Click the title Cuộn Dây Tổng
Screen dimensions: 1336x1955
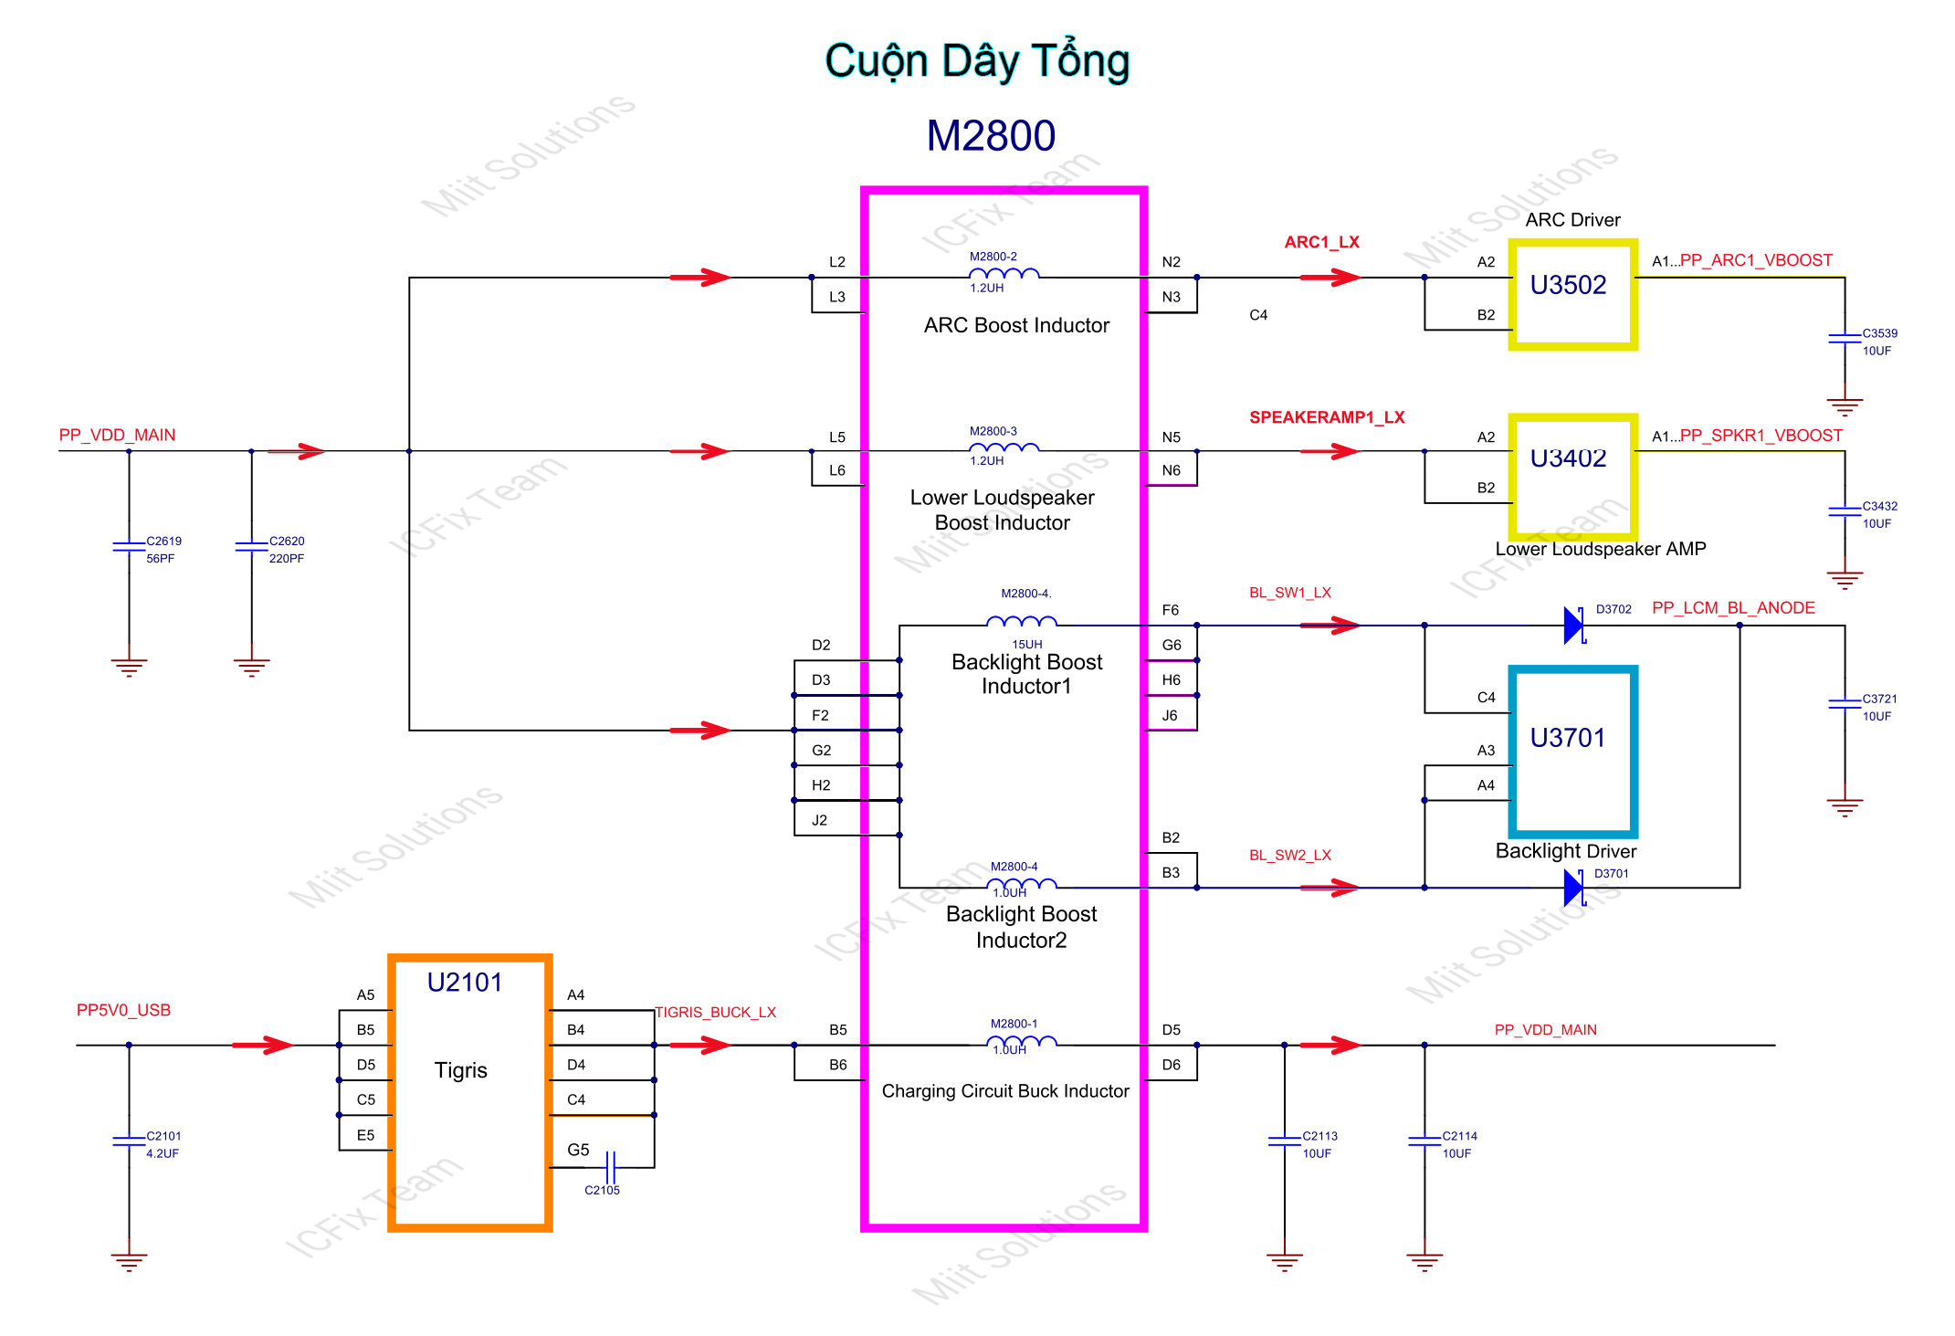[x=977, y=61]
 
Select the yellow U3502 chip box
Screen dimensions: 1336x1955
[x=1571, y=294]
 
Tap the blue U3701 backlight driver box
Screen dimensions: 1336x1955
[x=1571, y=751]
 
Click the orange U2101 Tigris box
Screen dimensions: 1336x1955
[x=469, y=1092]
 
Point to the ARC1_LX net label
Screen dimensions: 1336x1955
[x=1321, y=242]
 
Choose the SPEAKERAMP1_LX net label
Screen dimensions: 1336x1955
[x=1326, y=417]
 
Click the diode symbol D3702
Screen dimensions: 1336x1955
[x=1573, y=626]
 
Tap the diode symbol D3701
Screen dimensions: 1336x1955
[x=1573, y=887]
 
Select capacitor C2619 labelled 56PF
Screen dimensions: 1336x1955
[x=129, y=547]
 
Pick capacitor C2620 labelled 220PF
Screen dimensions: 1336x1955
[x=251, y=547]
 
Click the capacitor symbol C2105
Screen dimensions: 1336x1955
[x=611, y=1167]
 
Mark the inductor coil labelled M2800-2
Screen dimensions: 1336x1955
[x=1004, y=273]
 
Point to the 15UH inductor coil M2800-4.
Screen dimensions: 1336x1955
[x=1022, y=622]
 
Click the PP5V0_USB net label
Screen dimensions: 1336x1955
[x=123, y=1010]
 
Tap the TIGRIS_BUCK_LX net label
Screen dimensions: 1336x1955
[x=715, y=1012]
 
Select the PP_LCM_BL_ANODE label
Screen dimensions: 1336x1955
[x=1732, y=608]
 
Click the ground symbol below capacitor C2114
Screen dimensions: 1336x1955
[x=1424, y=1262]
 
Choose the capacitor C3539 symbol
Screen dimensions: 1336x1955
[x=1844, y=339]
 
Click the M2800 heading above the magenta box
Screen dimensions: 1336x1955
[x=991, y=136]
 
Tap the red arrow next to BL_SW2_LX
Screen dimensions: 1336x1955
[x=1330, y=887]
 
